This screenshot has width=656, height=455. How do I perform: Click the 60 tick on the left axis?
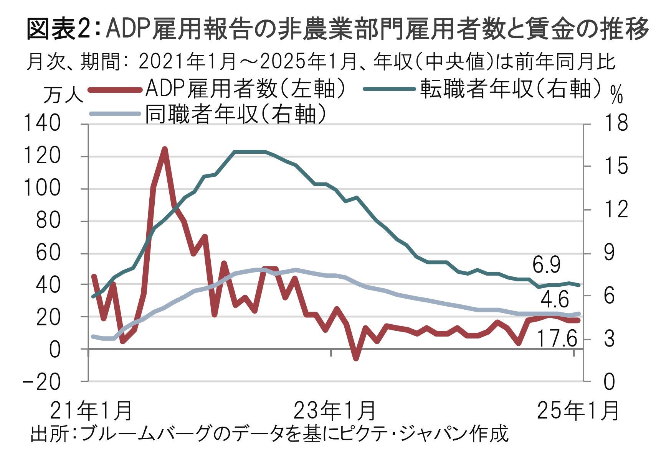pos(48,253)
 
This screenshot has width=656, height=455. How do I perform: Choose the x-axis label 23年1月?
pos(334,411)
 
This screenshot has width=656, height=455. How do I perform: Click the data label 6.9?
pos(547,265)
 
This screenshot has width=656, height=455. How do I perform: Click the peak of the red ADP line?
pos(165,149)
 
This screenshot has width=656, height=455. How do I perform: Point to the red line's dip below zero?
pos(356,358)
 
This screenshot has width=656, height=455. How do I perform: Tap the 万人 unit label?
pos(63,94)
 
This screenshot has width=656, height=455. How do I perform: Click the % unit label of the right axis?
pos(616,94)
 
